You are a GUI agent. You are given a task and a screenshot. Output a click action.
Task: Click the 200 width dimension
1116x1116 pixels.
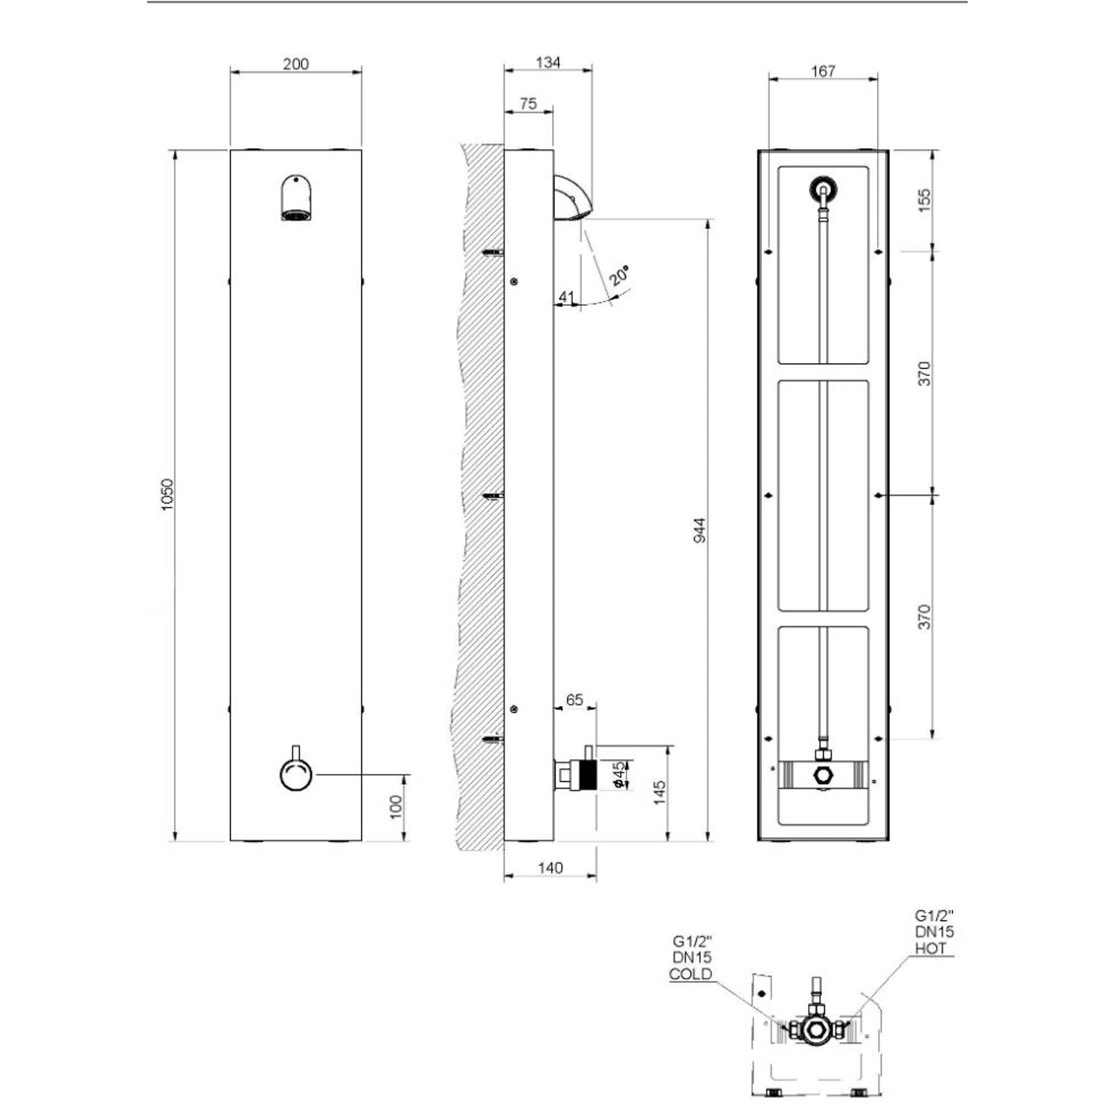coord(295,64)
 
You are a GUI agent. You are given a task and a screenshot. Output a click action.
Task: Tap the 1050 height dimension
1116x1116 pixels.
coord(167,494)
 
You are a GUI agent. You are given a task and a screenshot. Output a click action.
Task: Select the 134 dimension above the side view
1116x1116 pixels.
coord(548,62)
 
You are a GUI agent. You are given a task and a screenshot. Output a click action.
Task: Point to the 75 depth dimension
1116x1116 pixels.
coord(528,104)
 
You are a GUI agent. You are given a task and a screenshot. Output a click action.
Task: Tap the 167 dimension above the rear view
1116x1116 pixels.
coord(824,71)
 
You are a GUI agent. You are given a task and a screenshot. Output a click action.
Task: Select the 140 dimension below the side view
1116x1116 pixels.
coord(550,868)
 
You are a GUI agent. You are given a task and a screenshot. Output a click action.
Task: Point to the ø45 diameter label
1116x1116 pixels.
coord(616,774)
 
